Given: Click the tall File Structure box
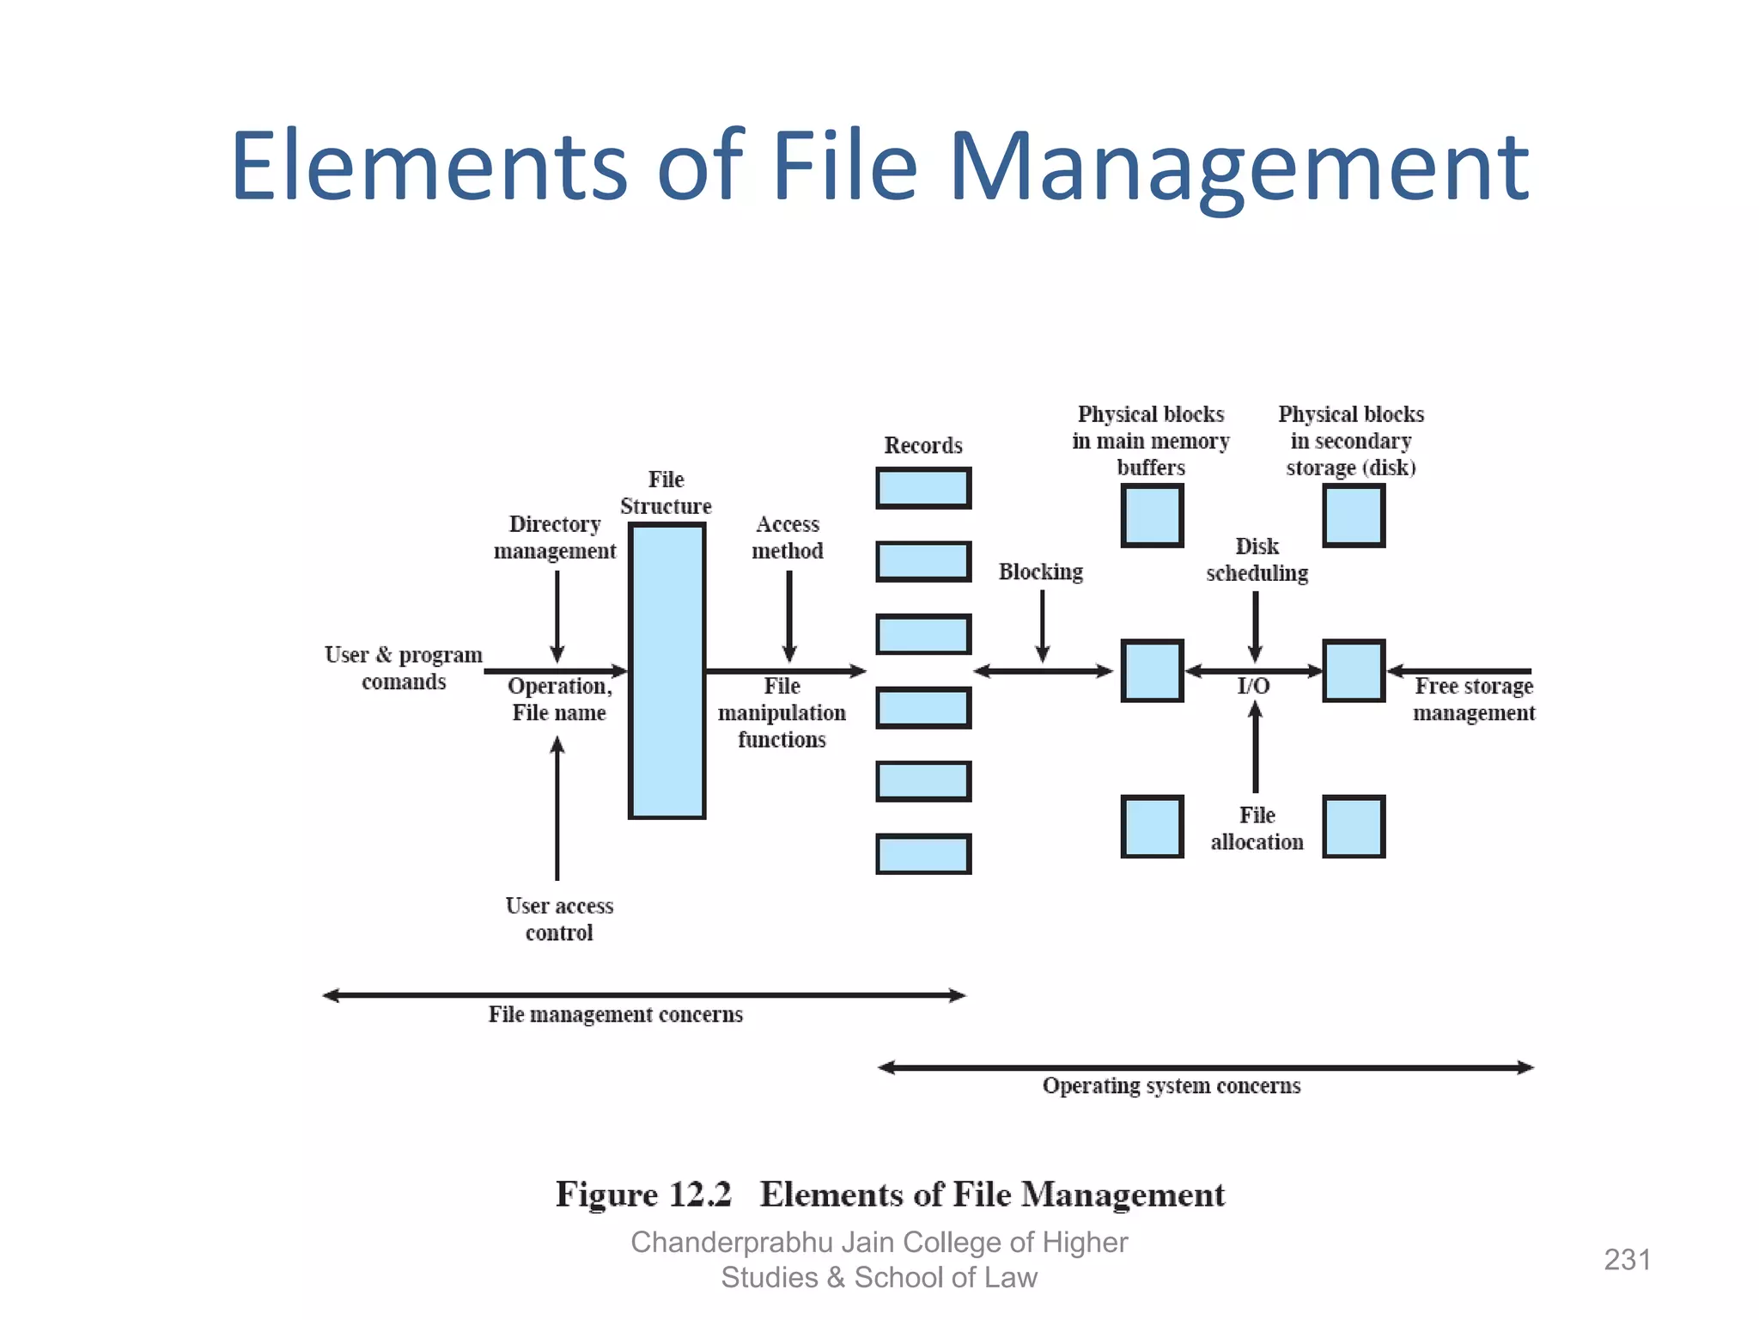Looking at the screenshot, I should (666, 670).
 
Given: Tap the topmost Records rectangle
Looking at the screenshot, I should (923, 488).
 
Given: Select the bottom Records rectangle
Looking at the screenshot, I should (923, 854).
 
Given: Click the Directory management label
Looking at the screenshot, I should (555, 537).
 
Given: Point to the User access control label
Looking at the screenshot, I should (559, 919).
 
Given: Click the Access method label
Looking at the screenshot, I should (788, 537).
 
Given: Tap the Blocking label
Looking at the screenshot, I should (1041, 571).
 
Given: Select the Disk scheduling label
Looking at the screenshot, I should (1257, 559).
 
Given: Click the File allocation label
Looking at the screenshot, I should (1257, 828).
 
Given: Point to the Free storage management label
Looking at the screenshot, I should (1474, 700).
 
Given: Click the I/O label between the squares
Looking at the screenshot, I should (1253, 686).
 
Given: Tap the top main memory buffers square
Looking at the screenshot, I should (1152, 516).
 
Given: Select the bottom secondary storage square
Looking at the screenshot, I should (1354, 827).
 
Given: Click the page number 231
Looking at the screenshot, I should (1628, 1260).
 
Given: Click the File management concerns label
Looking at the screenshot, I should (616, 1015).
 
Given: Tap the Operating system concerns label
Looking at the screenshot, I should (1172, 1086).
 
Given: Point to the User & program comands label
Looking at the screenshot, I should (404, 668).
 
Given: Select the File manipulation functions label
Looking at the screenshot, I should (782, 712).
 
